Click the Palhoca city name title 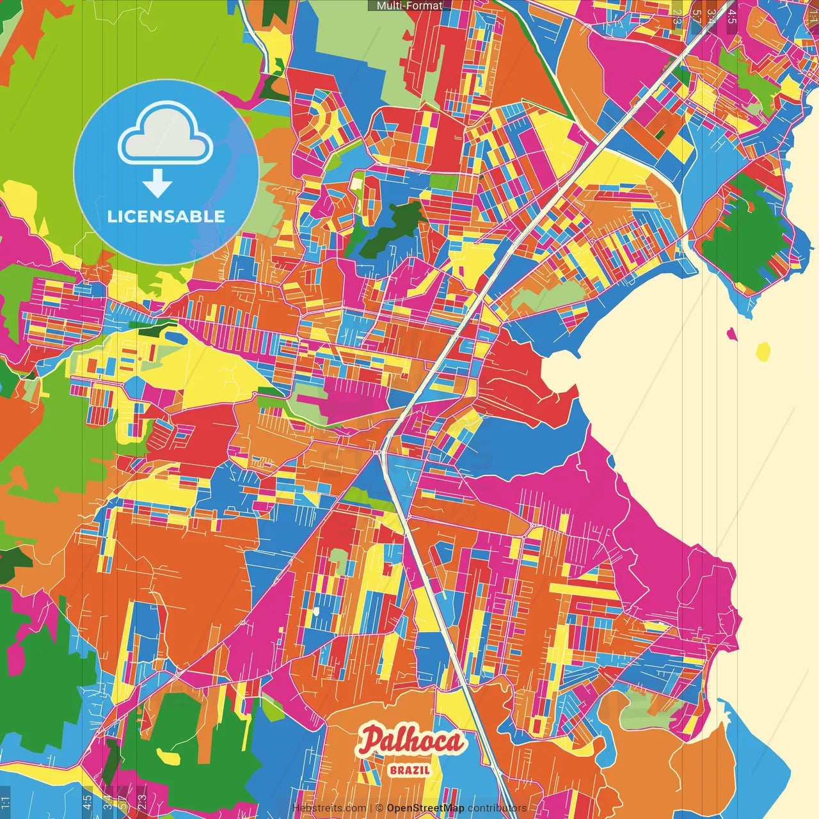411,741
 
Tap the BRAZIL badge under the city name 409,770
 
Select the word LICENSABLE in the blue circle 166,216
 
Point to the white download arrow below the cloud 157,183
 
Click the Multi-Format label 409,6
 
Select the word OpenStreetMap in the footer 425,808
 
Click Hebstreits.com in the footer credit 329,808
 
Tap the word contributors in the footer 497,808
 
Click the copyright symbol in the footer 379,808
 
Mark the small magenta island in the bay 731,332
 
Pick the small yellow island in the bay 763,351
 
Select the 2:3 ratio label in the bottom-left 141,801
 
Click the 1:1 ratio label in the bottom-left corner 6,801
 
